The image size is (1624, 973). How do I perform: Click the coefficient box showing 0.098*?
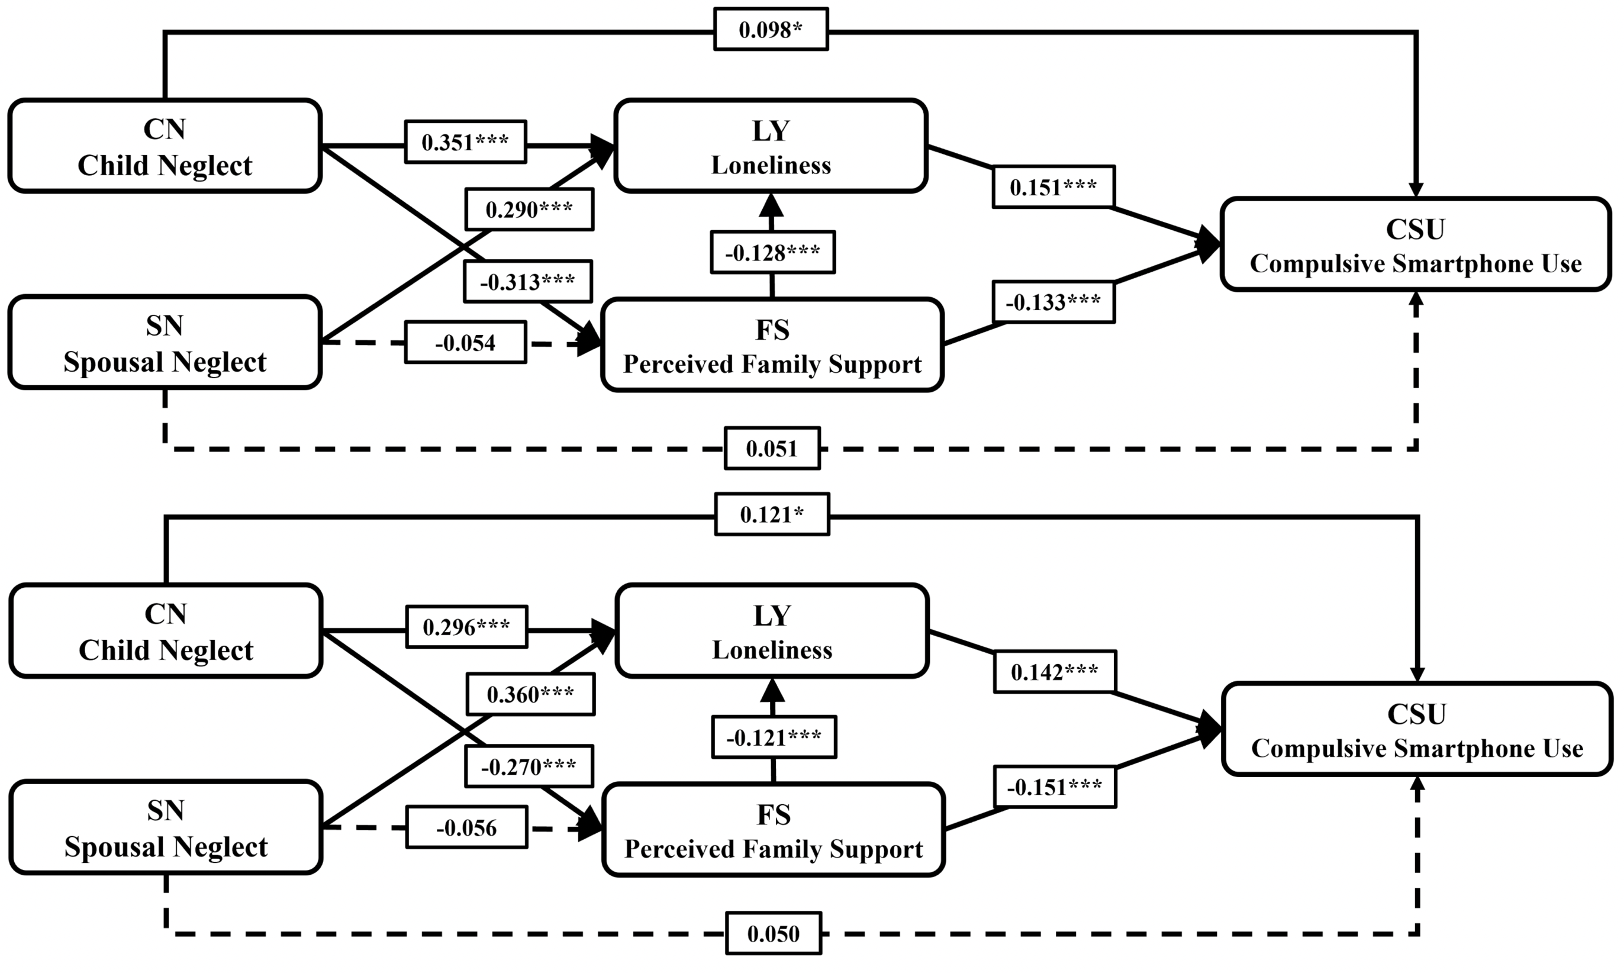pos(771,30)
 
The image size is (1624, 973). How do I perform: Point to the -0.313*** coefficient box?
pos(528,282)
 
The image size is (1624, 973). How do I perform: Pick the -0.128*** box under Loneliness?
pos(772,253)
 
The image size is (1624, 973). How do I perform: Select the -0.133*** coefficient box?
pos(1053,302)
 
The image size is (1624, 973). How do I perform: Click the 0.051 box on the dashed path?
pos(772,449)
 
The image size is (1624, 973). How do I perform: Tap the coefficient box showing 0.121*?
pos(772,515)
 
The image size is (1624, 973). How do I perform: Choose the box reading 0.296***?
pos(466,627)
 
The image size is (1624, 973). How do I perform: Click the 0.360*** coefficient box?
pos(530,694)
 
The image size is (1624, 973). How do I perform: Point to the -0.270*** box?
pos(529,766)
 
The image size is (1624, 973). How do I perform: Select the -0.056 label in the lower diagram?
pos(466,827)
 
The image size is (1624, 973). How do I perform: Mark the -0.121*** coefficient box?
pos(774,737)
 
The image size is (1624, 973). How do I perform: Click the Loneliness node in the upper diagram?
pos(771,146)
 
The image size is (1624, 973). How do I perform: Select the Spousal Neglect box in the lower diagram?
pos(166,827)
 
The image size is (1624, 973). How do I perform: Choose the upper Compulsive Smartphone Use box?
pos(1416,244)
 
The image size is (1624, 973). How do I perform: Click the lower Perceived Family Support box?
pos(773,830)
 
